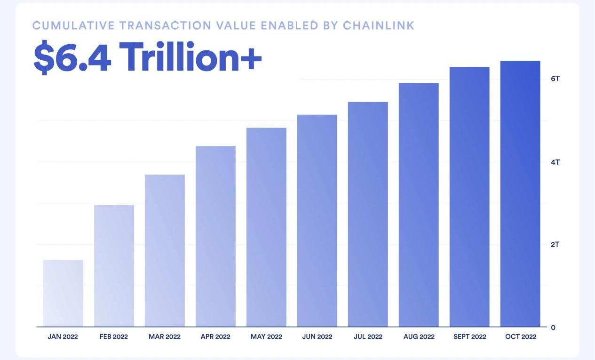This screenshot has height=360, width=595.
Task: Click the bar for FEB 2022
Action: [x=114, y=266]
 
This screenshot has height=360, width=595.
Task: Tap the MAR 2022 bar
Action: [x=165, y=250]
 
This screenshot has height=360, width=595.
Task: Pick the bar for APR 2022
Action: [x=215, y=236]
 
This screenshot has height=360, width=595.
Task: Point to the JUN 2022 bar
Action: [x=317, y=221]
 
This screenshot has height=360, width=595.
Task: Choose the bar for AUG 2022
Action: [x=419, y=205]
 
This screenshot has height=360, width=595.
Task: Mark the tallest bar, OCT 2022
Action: [x=520, y=194]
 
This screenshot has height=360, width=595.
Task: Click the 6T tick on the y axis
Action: [x=555, y=79]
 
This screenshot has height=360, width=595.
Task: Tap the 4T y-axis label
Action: [x=555, y=162]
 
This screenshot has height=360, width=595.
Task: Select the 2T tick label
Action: [x=555, y=245]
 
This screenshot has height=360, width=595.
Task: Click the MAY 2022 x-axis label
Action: [x=266, y=337]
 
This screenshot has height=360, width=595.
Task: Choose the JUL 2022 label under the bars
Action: [x=368, y=337]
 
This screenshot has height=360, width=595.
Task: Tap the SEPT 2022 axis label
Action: [x=469, y=337]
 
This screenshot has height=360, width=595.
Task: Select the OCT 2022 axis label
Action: [x=520, y=337]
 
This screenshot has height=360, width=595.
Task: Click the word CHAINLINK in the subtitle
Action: [x=379, y=25]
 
